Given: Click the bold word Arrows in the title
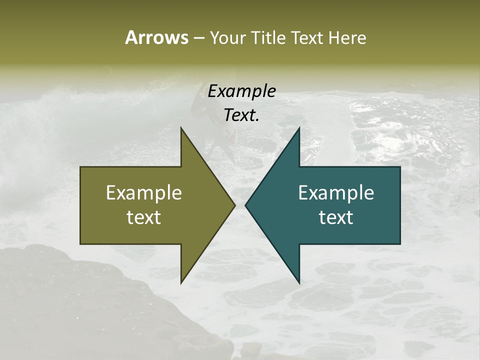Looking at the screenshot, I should click(156, 37).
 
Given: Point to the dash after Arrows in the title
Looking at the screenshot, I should click(198, 38).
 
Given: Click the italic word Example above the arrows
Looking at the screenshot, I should click(241, 91).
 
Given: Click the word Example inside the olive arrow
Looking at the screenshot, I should click(143, 192).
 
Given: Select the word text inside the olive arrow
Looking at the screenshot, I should click(143, 217).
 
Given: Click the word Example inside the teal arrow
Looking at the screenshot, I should click(336, 192).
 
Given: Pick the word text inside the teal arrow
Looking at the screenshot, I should click(336, 217).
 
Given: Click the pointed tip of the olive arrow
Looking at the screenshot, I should click(234, 205).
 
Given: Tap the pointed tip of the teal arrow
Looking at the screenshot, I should click(245, 205).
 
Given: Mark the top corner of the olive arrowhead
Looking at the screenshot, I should click(181, 128).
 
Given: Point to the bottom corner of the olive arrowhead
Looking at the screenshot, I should click(181, 282).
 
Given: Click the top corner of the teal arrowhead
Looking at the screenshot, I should click(299, 128).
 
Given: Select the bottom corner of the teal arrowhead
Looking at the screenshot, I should click(299, 282).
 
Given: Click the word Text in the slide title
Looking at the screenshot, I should click(307, 38).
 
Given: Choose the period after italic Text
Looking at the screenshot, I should click(257, 120).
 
